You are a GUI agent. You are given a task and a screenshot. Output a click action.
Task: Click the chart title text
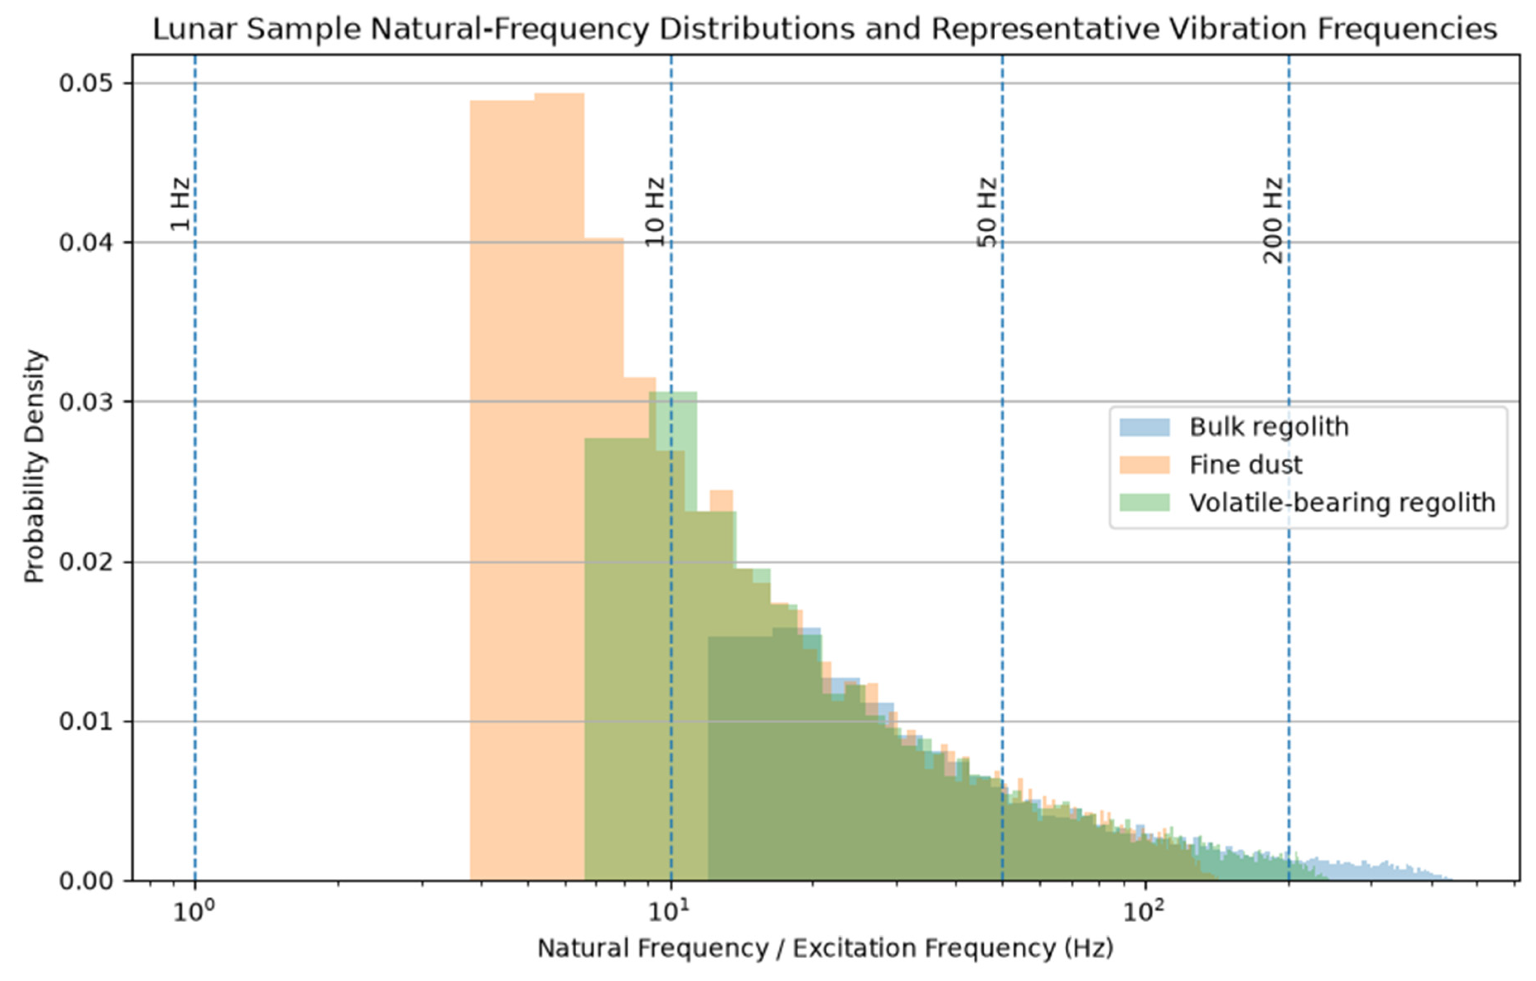pyautogui.click(x=825, y=29)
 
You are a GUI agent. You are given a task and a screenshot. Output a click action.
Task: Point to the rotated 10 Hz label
pyautogui.click(x=655, y=212)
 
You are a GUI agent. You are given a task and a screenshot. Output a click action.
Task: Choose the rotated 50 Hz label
pyautogui.click(x=986, y=212)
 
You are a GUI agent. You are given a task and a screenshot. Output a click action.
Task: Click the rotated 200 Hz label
pyautogui.click(x=1273, y=220)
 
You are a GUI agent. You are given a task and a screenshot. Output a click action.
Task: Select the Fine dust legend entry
pyautogui.click(x=1211, y=465)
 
